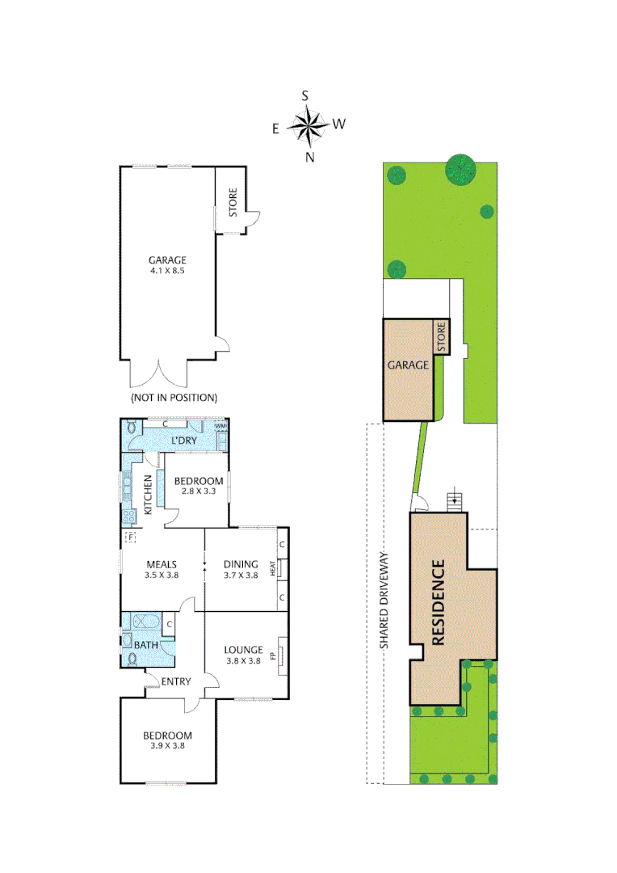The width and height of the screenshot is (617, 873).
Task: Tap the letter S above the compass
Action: click(x=305, y=95)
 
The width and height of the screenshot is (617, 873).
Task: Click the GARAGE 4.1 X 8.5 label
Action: click(x=167, y=266)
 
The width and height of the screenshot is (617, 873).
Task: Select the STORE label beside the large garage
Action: click(x=233, y=202)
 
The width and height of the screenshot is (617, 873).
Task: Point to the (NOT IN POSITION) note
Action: click(x=174, y=398)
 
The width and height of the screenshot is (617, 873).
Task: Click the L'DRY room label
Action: click(x=183, y=441)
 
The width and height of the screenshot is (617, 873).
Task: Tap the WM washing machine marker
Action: click(x=220, y=426)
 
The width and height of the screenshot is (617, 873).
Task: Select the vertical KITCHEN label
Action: click(x=149, y=495)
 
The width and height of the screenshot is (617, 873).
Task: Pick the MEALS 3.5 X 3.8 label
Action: click(x=162, y=570)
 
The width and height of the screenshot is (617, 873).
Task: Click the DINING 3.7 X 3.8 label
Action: click(x=240, y=570)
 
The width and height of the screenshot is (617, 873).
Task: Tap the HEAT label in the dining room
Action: click(x=273, y=568)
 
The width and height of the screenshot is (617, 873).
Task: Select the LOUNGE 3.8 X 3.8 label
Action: click(x=243, y=654)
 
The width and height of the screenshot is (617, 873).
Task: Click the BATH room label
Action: click(x=146, y=645)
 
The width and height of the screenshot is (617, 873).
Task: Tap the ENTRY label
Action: click(x=175, y=681)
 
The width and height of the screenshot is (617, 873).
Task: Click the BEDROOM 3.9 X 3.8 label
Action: click(x=167, y=740)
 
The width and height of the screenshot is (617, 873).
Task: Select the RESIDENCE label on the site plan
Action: click(x=439, y=602)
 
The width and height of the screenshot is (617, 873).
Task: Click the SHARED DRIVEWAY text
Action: click(x=385, y=600)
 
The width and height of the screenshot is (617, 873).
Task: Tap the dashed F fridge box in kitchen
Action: click(x=129, y=537)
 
